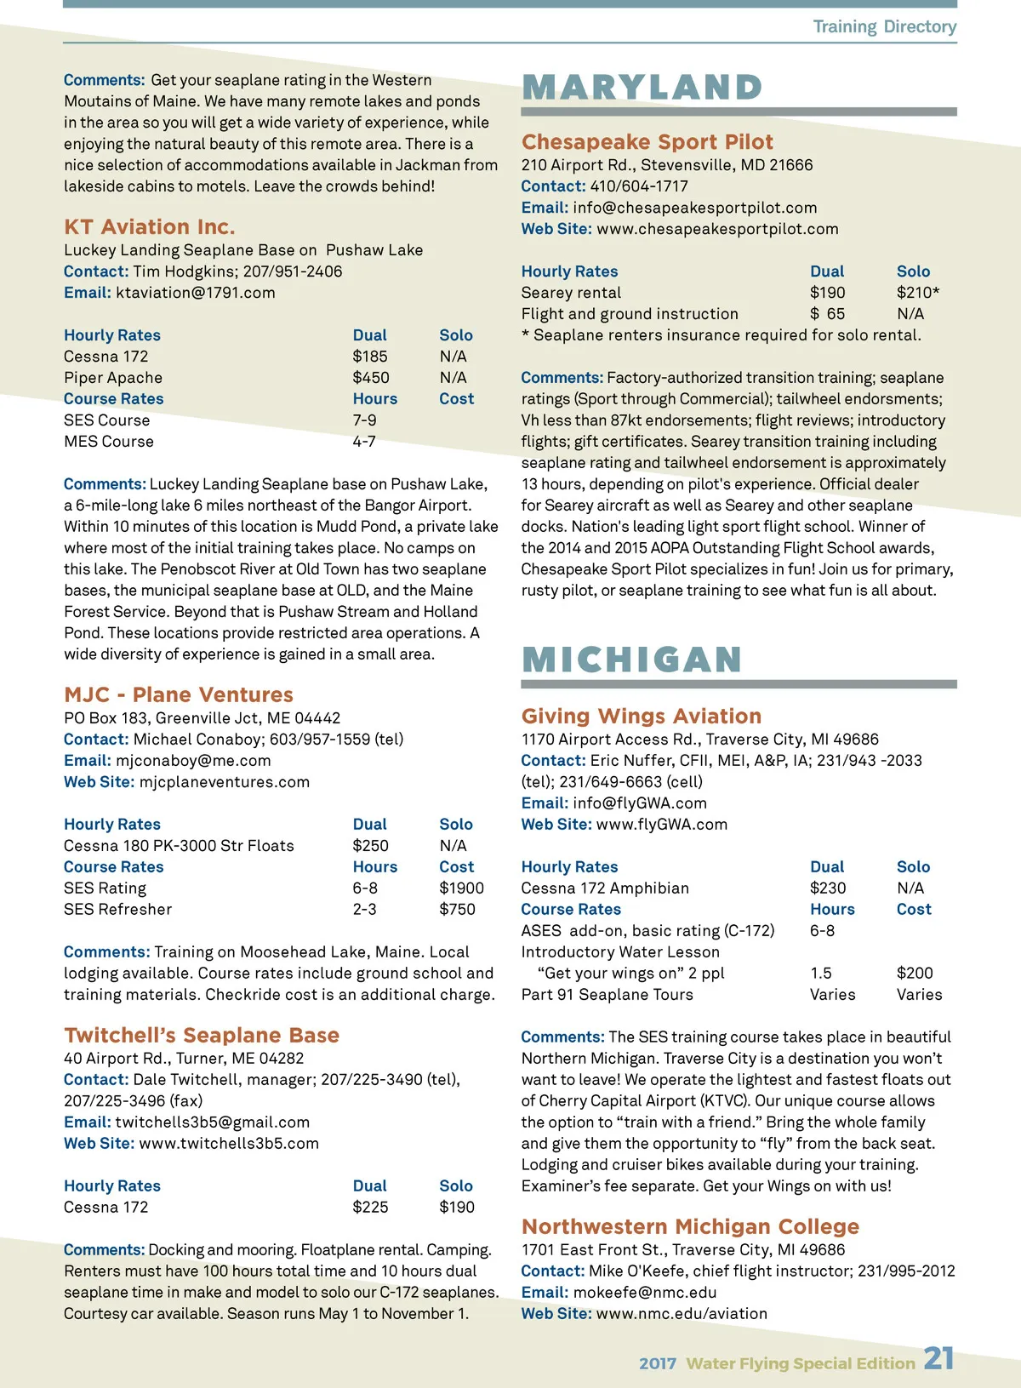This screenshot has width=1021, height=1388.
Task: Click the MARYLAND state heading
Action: point(642,88)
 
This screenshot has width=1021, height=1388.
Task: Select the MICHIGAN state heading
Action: point(632,660)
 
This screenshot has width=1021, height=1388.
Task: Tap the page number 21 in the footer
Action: point(938,1358)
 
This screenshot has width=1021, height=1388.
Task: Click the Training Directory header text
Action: point(884,26)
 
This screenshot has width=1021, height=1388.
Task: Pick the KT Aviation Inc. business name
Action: point(149,227)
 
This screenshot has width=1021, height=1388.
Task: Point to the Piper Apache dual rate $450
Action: point(371,378)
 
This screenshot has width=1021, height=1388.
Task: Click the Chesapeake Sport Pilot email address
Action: point(694,208)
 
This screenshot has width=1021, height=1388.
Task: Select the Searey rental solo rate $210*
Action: point(918,293)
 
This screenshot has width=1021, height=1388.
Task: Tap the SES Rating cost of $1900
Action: point(461,888)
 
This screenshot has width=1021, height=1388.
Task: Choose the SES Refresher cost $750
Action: point(457,910)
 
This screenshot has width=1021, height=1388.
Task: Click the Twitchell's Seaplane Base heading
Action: point(202,1036)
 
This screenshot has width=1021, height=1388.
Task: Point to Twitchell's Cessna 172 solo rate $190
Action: point(457,1208)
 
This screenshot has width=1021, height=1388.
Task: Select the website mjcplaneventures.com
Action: point(224,782)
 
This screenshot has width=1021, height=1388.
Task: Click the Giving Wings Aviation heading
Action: point(642,717)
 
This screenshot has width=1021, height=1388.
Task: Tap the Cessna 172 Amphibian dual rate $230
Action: point(828,888)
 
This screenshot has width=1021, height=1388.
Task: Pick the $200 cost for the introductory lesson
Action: point(915,974)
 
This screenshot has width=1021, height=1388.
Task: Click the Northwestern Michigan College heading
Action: point(690,1227)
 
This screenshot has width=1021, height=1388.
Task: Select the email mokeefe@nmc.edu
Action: point(644,1293)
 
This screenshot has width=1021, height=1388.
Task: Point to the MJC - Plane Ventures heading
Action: point(179,695)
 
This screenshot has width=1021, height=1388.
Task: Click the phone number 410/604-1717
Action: point(639,186)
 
